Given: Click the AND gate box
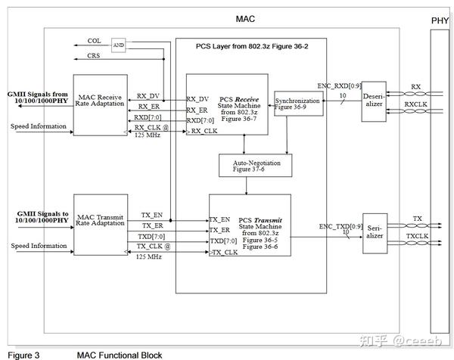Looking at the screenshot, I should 118,44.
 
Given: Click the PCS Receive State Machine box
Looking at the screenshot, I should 227,105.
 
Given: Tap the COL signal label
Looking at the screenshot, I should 94,41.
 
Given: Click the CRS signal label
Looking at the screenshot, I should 94,56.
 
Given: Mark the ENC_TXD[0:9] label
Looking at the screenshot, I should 340,226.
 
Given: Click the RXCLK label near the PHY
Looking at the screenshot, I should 414,103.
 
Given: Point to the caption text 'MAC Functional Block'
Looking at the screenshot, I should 120,354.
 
